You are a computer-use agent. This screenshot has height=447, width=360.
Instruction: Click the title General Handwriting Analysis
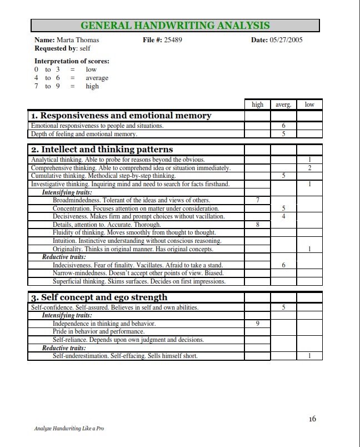click(x=175, y=26)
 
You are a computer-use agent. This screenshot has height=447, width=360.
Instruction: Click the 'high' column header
click(x=258, y=105)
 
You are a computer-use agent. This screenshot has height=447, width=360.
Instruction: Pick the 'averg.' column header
click(x=283, y=105)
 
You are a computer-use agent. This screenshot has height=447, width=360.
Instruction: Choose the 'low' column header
click(x=309, y=105)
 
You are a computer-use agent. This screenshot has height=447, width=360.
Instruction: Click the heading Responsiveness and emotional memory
click(x=121, y=116)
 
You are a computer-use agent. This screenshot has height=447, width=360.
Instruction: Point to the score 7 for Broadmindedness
click(x=258, y=200)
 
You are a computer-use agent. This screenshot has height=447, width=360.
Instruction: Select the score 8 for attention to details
click(x=258, y=225)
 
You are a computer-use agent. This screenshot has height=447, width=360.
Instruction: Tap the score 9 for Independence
click(x=258, y=324)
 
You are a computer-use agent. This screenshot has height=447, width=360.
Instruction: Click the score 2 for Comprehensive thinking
click(x=309, y=168)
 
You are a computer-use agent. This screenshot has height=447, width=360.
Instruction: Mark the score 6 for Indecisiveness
click(x=283, y=265)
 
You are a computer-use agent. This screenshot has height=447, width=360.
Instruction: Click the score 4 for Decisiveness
click(x=283, y=216)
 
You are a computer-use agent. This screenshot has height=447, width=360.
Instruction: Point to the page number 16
click(x=312, y=419)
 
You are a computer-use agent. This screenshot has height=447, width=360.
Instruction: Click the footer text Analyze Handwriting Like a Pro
click(x=69, y=429)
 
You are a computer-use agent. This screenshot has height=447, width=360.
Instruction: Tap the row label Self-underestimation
click(x=125, y=356)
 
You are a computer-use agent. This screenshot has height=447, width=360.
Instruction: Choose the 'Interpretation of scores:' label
click(x=72, y=61)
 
